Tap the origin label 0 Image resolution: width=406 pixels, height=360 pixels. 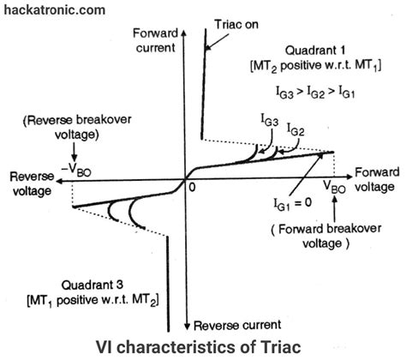[194, 185]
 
